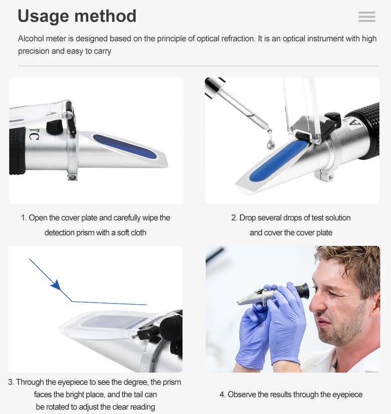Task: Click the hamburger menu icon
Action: click(367, 17)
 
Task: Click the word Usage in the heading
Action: click(44, 17)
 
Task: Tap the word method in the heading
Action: click(105, 16)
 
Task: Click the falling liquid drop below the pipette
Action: click(270, 144)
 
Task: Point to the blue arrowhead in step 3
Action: click(56, 286)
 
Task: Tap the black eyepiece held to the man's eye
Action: click(303, 291)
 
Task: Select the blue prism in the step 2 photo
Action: click(278, 161)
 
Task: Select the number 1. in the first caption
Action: click(24, 218)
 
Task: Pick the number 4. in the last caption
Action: click(223, 394)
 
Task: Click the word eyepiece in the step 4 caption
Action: click(347, 395)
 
